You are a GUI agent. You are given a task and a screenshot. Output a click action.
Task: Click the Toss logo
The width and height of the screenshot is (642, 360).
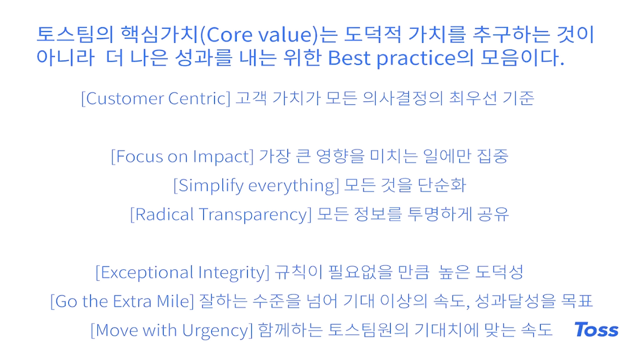click(596, 329)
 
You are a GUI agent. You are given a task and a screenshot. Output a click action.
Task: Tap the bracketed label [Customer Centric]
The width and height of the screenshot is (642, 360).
click(155, 99)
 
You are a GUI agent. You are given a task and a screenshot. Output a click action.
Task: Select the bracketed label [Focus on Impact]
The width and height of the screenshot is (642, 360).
click(182, 156)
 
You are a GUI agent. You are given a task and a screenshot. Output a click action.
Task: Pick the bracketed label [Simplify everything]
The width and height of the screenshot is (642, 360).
click(256, 186)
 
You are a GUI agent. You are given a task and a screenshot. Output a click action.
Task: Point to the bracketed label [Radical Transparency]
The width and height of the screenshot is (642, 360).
click(221, 215)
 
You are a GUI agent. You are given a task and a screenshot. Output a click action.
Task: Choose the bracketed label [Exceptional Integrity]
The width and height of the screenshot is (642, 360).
click(183, 272)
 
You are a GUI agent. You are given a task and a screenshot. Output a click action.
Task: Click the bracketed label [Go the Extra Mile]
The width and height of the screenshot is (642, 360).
click(122, 301)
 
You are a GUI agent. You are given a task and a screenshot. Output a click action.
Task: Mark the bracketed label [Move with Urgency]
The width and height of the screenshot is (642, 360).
click(172, 330)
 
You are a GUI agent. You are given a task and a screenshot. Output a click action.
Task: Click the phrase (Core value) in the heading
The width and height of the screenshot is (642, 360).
click(259, 35)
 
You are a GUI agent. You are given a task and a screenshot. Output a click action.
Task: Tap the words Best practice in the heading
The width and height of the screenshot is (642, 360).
click(392, 58)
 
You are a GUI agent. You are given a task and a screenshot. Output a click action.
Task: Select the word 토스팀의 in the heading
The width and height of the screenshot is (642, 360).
click(75, 35)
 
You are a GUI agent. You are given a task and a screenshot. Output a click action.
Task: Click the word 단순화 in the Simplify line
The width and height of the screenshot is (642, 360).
click(442, 185)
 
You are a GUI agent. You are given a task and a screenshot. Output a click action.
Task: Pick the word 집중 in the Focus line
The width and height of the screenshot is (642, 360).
click(493, 156)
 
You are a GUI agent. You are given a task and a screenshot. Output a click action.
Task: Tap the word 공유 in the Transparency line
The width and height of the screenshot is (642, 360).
click(493, 214)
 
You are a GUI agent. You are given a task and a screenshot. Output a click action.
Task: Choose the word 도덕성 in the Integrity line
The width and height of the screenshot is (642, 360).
click(499, 272)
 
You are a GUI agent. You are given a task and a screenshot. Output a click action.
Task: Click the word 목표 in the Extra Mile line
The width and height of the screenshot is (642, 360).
click(577, 301)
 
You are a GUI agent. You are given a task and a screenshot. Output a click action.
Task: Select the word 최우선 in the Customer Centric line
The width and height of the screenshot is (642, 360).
click(473, 98)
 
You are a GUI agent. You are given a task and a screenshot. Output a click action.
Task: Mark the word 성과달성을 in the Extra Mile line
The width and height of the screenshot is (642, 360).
click(515, 301)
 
